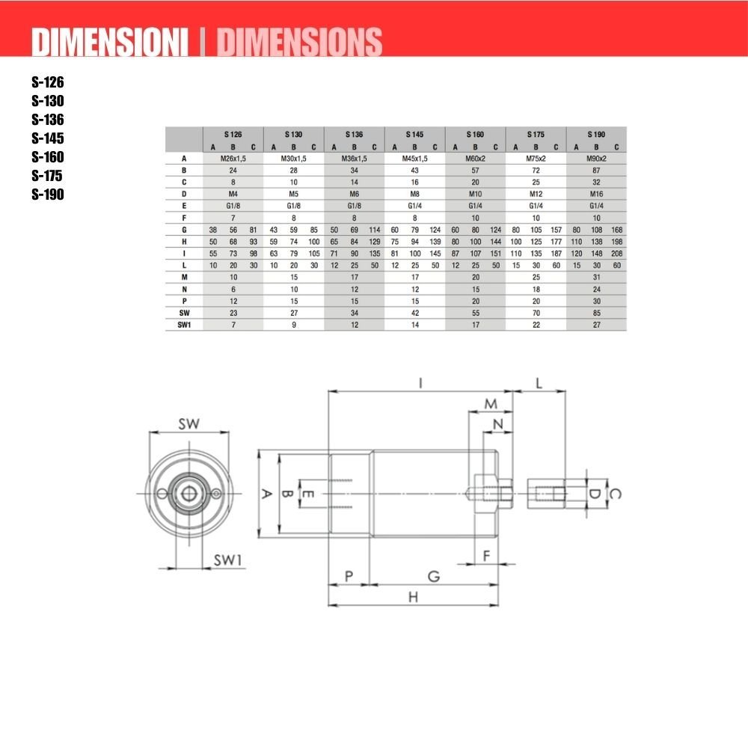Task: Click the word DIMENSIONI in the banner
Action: (110, 42)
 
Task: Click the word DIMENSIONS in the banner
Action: (300, 42)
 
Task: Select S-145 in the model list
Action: (48, 138)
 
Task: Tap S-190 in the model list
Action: (48, 194)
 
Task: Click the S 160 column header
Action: (475, 135)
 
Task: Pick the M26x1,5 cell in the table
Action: (233, 159)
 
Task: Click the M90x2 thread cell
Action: (596, 159)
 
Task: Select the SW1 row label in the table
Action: (184, 325)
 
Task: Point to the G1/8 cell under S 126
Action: (233, 206)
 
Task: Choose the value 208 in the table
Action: (617, 254)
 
